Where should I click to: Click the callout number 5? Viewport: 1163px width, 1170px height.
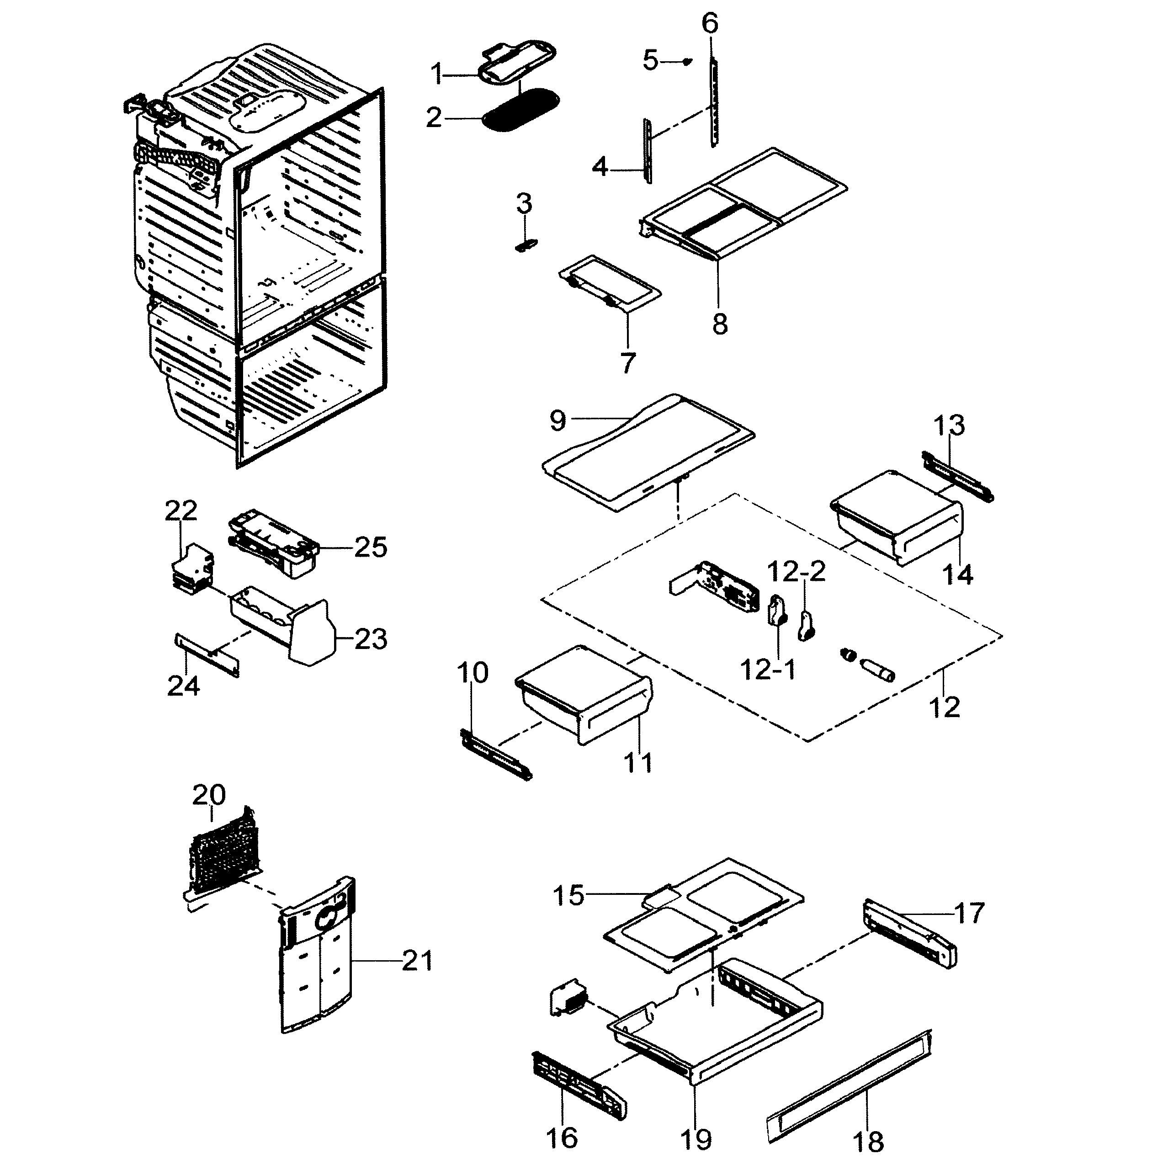[650, 61]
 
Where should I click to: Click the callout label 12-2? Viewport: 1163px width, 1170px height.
[796, 572]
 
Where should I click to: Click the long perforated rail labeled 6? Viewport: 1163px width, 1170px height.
[714, 103]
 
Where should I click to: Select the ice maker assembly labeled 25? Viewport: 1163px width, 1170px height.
[272, 544]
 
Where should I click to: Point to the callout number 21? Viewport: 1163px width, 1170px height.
[417, 961]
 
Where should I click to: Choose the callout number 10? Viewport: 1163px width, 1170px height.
[472, 673]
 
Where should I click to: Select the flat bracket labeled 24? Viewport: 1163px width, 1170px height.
[207, 655]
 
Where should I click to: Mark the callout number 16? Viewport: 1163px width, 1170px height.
[561, 1137]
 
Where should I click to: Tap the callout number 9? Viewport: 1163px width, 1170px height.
[558, 420]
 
